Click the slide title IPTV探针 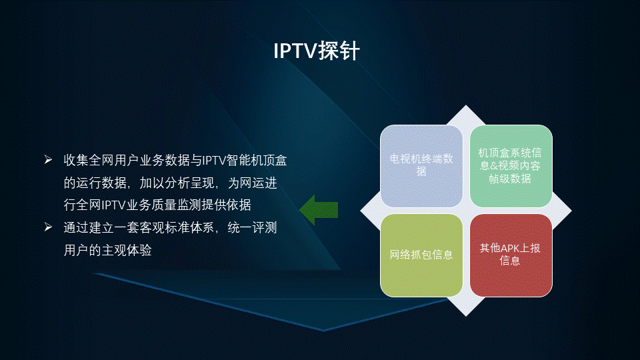[316, 51]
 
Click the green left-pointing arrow [319, 210]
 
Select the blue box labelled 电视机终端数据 [421, 166]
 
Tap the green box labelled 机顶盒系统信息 [511, 166]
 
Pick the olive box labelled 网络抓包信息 [421, 255]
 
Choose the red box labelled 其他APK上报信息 [511, 255]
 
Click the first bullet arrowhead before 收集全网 [48, 159]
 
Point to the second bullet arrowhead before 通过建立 [48, 227]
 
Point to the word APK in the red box [509, 248]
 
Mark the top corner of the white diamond [466, 105]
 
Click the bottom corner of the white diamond [466, 316]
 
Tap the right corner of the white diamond [571, 211]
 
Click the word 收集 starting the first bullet [76, 160]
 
